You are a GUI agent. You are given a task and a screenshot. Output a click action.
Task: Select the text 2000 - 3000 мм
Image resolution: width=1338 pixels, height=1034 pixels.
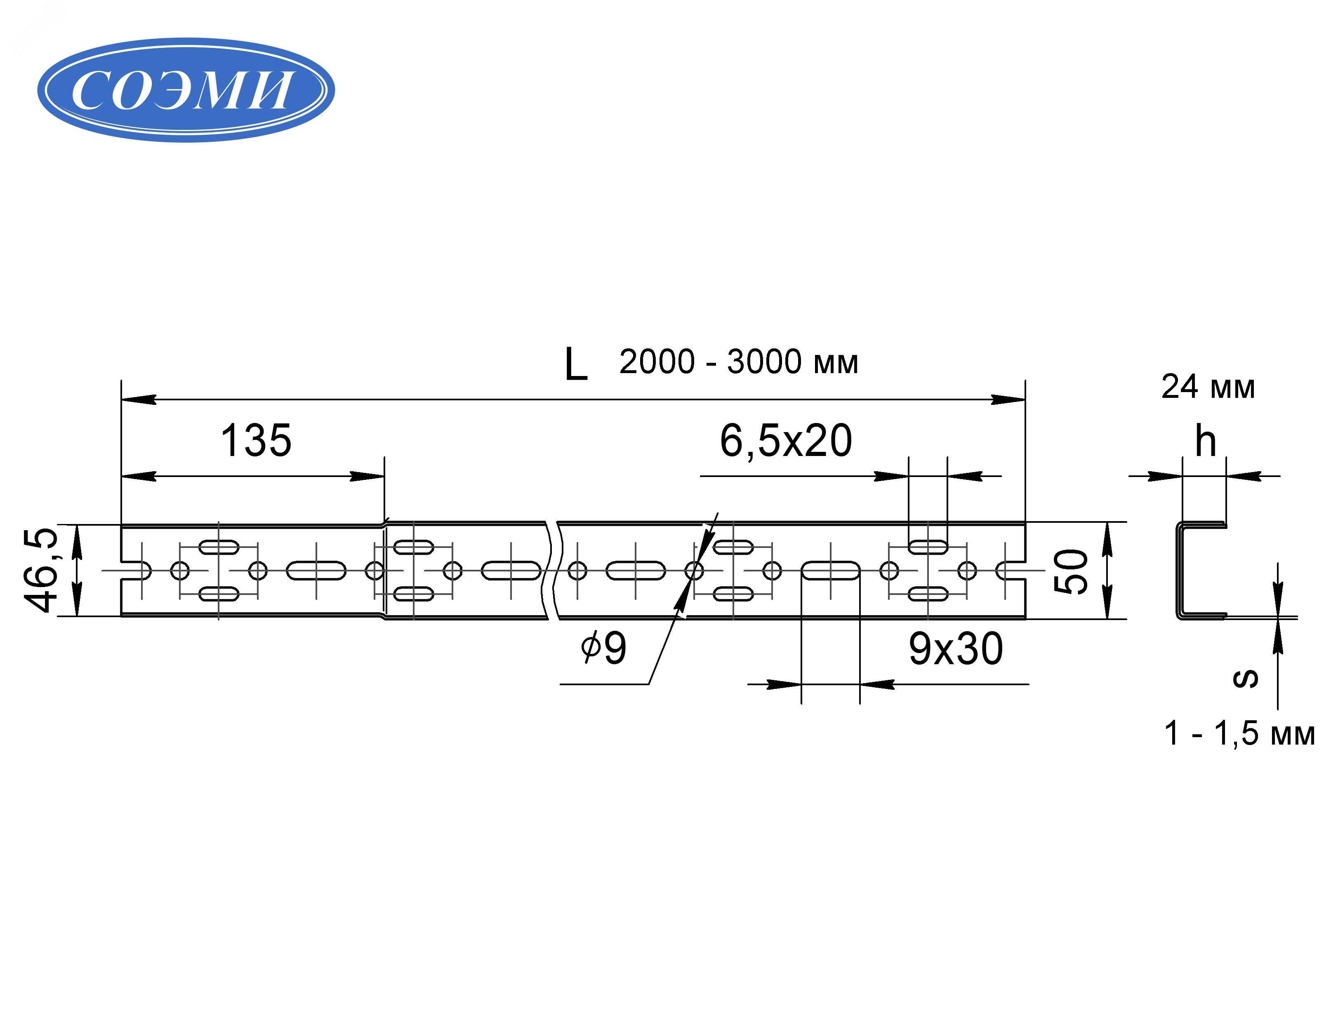738,362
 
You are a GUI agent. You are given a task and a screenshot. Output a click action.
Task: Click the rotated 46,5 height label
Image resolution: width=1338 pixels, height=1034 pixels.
42,570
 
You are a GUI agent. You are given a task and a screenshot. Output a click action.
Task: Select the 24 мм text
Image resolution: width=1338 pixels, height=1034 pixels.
1208,387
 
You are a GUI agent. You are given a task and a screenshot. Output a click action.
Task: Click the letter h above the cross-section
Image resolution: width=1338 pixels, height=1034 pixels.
1205,441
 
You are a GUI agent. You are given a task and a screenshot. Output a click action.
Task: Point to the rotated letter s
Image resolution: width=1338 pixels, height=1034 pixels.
1245,678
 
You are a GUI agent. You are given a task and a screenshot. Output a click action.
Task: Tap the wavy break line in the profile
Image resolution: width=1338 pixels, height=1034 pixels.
552,570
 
